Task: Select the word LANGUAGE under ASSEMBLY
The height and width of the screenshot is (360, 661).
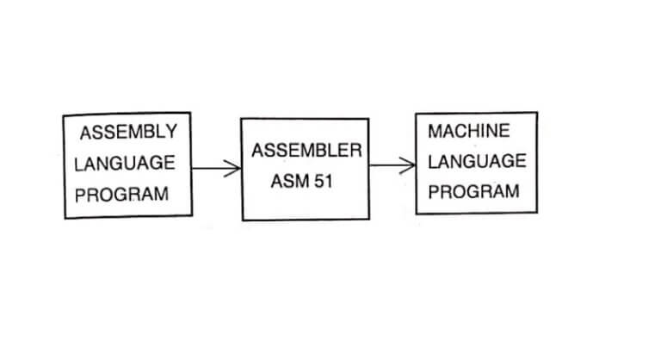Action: pos(124,163)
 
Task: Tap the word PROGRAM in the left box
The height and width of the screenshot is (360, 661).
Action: pos(121,195)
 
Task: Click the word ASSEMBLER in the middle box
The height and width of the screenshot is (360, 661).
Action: pos(306,151)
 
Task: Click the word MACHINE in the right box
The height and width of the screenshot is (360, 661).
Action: pos(468,131)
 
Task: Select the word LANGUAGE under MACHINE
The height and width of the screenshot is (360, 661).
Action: pos(476,161)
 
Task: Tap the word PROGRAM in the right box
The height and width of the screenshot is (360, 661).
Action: pos(473,191)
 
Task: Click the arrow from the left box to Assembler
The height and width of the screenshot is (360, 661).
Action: pos(215,169)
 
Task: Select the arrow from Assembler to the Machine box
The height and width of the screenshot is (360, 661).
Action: pos(392,165)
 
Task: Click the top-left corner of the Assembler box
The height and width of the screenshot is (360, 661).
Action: pos(241,119)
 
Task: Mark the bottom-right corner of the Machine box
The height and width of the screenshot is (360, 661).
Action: pos(538,214)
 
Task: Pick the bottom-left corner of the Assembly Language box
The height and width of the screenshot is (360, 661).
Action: pos(65,218)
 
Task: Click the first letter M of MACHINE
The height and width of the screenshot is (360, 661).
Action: pos(434,131)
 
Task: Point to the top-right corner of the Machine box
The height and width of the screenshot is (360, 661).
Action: pos(537,112)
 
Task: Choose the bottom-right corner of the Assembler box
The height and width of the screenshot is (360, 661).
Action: pos(370,220)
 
